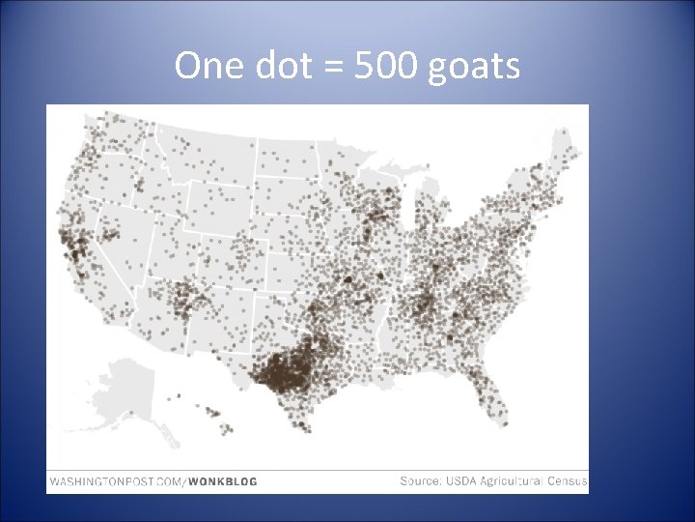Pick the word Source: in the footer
click(x=422, y=480)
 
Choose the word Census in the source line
click(x=567, y=480)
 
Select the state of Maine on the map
click(x=566, y=159)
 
